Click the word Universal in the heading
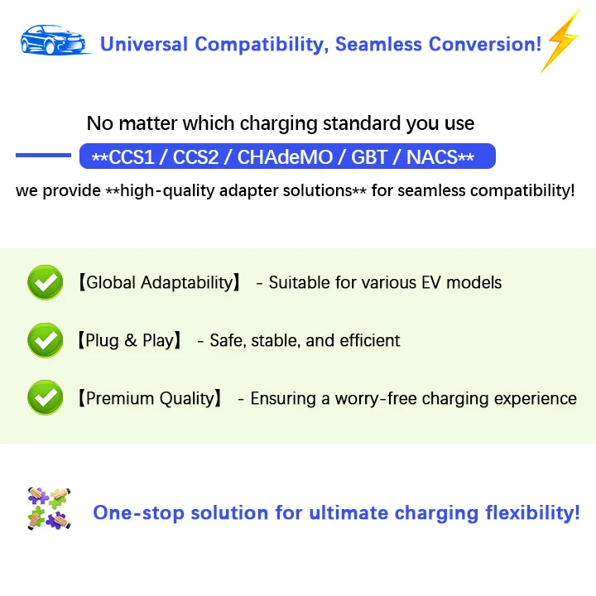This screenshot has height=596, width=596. click(144, 44)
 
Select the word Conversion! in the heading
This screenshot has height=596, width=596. click(485, 44)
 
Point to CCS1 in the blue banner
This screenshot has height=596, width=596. click(132, 157)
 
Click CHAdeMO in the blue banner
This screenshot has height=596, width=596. click(285, 157)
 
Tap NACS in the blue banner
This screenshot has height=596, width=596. click(432, 157)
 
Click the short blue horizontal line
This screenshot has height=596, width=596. click(43, 155)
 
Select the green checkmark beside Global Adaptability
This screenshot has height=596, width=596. click(46, 282)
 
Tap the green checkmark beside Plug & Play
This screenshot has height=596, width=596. click(46, 340)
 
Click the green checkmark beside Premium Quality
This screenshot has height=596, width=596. click(46, 397)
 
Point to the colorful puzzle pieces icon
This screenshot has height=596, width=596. click(49, 508)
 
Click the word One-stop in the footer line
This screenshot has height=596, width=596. click(139, 512)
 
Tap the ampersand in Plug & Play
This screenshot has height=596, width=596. click(131, 340)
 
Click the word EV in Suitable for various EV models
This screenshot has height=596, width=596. click(431, 282)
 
